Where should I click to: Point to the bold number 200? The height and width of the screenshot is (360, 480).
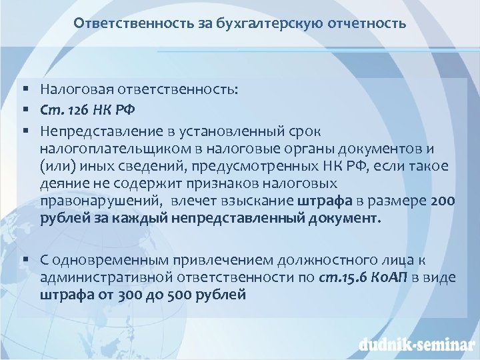pos(442,201)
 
